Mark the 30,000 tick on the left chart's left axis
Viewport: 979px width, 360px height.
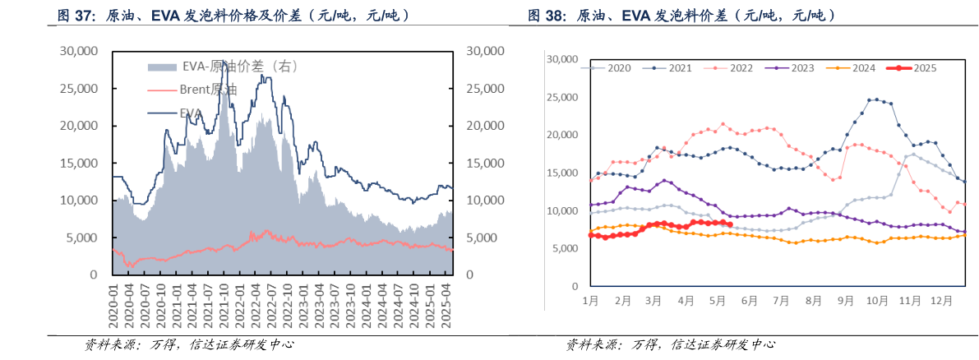pos(79,51)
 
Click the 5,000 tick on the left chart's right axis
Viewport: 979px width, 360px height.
pos(482,238)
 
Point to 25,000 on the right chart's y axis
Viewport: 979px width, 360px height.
pos(563,98)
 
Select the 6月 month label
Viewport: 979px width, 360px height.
pos(749,302)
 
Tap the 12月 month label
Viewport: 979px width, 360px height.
pos(940,302)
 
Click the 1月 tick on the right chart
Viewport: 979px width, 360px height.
pos(590,302)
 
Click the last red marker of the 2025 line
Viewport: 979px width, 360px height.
pos(730,224)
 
